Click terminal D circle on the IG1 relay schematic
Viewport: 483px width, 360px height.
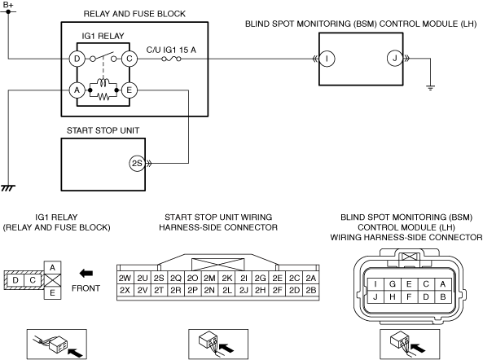(x=77, y=59)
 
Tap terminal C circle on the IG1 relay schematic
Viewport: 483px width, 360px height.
(x=130, y=59)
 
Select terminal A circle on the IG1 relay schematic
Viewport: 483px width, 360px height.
(x=77, y=90)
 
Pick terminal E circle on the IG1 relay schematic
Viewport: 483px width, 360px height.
(x=130, y=90)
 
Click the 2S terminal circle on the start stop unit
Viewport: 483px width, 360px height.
(x=137, y=163)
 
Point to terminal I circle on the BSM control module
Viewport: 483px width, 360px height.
(x=327, y=59)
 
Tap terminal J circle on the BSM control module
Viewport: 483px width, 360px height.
(x=395, y=59)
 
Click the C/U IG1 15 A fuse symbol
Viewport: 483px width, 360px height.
(x=171, y=59)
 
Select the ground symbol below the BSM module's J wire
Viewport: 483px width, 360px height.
(x=430, y=87)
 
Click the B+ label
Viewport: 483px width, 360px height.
(x=8, y=5)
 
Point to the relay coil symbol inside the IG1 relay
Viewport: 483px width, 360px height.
(x=103, y=82)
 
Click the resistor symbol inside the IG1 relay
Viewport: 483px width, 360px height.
(x=103, y=97)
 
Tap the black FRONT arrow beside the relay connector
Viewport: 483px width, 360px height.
(x=86, y=273)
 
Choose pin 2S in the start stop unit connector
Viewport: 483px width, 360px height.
(x=159, y=278)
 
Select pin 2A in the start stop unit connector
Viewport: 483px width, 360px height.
(x=311, y=278)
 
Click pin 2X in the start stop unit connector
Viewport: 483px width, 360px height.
(x=125, y=290)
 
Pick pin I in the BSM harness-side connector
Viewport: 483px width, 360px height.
(x=375, y=284)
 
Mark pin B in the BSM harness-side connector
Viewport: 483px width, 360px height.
(x=443, y=296)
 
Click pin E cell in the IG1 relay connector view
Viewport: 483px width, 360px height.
(x=52, y=292)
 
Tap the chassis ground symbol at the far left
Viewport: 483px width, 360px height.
(x=8, y=188)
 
